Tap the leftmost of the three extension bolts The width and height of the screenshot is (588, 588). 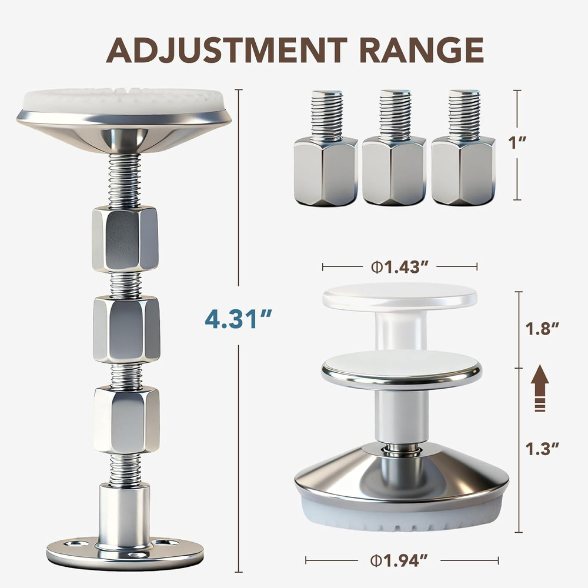[x=325, y=159]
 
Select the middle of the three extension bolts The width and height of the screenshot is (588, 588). [x=393, y=159]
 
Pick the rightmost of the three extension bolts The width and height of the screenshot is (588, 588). [x=463, y=159]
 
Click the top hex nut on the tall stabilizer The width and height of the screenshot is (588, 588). [x=125, y=238]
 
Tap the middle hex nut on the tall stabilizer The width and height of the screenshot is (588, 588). [x=126, y=329]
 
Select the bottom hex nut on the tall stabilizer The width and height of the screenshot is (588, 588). [x=126, y=419]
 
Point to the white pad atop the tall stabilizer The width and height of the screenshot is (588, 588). [x=123, y=100]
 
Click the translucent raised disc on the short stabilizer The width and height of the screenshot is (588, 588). [x=400, y=296]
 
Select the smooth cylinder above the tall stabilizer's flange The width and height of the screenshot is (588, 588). [x=124, y=512]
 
